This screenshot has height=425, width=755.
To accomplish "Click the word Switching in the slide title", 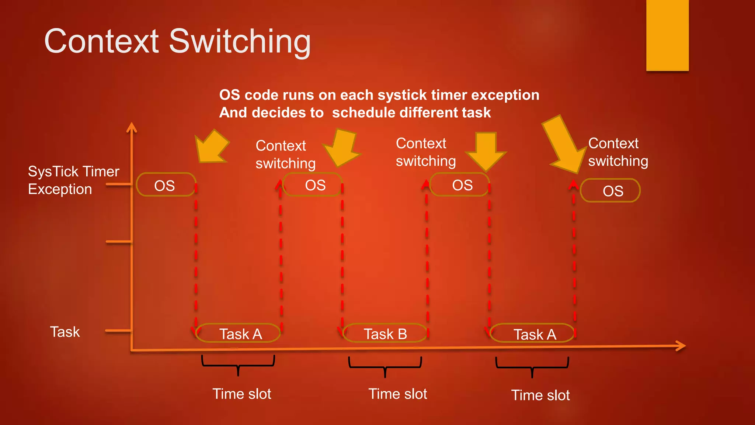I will (x=240, y=41).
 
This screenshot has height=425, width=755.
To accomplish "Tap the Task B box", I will (x=385, y=334).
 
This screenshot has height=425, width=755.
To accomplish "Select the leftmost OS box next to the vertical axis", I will (x=165, y=185).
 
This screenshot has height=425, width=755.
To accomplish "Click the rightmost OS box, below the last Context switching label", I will (x=610, y=191).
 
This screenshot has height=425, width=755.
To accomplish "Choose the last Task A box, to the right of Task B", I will (x=533, y=334).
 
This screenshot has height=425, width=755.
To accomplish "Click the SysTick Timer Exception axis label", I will (x=74, y=180).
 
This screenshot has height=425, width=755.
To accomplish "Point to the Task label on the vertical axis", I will (x=65, y=332).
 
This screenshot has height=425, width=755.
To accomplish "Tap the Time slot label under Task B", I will (x=397, y=394).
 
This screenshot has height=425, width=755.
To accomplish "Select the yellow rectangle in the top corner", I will (x=667, y=35).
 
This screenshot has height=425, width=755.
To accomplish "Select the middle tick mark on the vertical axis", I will (x=119, y=242).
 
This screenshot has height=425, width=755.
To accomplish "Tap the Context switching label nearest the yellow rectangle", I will (x=617, y=152).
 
